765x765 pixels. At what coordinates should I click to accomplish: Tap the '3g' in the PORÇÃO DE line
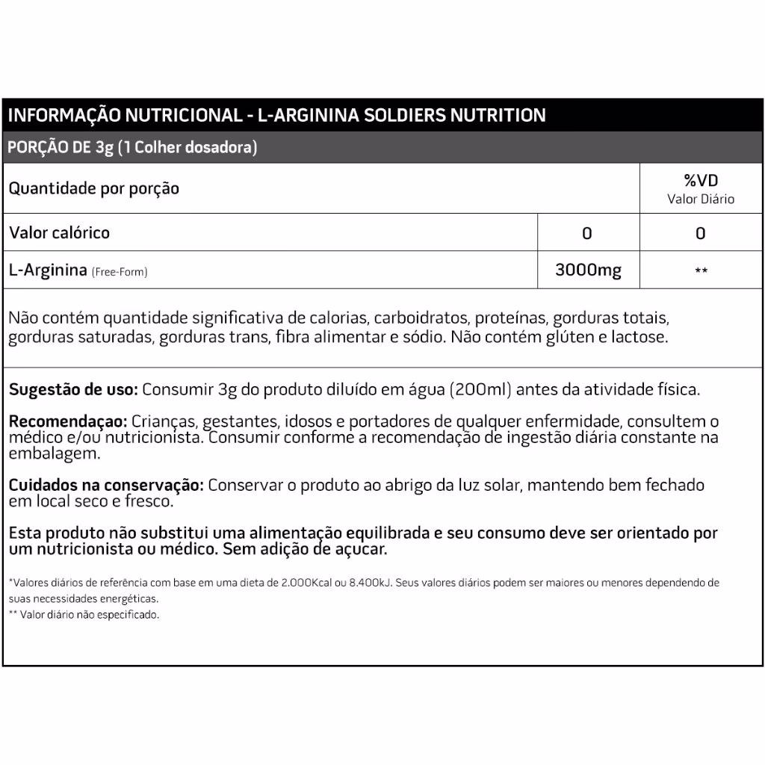[x=104, y=147]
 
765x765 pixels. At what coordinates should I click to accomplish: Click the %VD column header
[x=700, y=181]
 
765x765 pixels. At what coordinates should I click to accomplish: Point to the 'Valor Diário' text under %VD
[x=700, y=199]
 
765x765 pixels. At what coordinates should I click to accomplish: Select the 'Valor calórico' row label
[x=60, y=232]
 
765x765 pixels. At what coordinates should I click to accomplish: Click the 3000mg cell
[x=588, y=270]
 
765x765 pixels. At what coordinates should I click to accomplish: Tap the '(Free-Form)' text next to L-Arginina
[x=120, y=272]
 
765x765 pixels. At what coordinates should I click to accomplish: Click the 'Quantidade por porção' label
[x=94, y=188]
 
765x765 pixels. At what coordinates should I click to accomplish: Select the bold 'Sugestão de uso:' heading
[x=73, y=390]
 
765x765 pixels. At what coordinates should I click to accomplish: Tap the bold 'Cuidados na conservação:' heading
[x=106, y=486]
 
